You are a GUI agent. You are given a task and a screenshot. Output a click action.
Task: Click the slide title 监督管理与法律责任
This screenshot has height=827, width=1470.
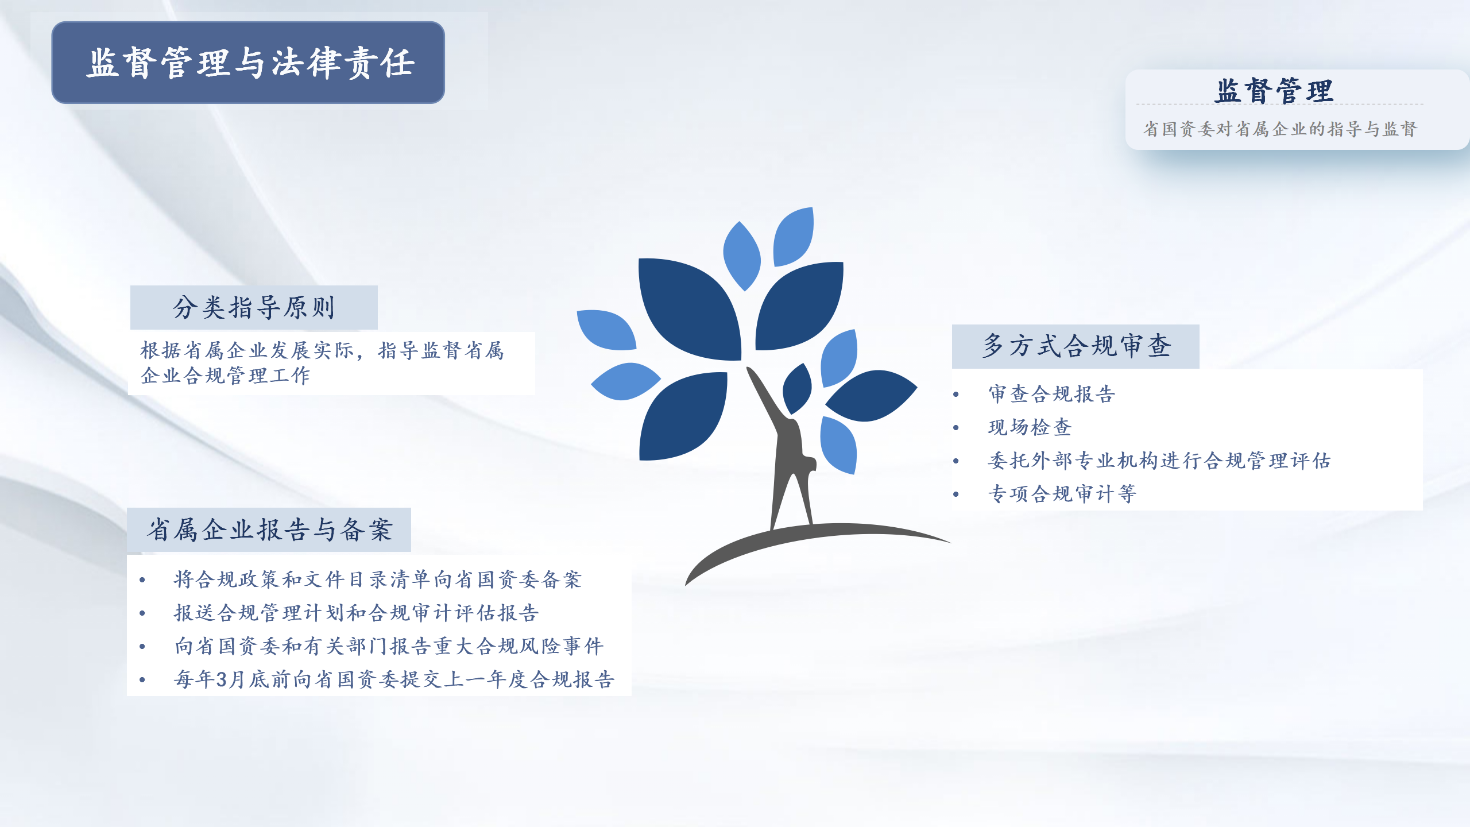tap(250, 63)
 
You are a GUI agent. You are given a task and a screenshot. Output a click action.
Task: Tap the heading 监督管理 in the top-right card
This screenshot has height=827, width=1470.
tap(1274, 91)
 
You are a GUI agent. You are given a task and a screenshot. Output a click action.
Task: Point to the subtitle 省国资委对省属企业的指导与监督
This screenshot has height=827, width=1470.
tap(1280, 129)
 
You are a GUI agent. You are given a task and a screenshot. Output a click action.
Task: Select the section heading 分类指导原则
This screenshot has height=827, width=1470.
tap(254, 307)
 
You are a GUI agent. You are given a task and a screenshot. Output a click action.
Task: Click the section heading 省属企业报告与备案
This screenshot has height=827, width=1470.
tap(269, 530)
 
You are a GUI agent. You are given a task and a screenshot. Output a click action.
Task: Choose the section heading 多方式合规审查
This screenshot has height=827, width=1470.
tap(1076, 346)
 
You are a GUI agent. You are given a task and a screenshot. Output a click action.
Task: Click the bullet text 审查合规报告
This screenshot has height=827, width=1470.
tap(1051, 394)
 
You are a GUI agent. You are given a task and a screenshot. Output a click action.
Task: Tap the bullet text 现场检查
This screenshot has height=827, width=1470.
tap(1030, 427)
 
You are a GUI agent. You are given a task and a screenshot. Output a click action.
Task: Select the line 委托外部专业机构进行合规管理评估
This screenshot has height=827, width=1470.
tap(1159, 461)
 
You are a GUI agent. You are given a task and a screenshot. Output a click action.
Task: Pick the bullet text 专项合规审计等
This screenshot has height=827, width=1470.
tap(1062, 494)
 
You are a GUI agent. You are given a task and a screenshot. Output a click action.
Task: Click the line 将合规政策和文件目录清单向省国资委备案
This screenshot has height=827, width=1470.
tap(378, 579)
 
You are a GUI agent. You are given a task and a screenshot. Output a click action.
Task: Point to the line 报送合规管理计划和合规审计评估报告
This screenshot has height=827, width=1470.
tap(357, 613)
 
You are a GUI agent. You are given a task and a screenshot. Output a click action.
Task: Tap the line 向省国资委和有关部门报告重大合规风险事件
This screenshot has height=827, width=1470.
tap(389, 646)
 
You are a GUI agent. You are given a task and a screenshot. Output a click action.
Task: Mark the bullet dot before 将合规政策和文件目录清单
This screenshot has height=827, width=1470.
tap(142, 580)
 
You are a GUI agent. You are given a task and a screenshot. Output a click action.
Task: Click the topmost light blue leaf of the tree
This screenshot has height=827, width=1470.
tap(794, 237)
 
